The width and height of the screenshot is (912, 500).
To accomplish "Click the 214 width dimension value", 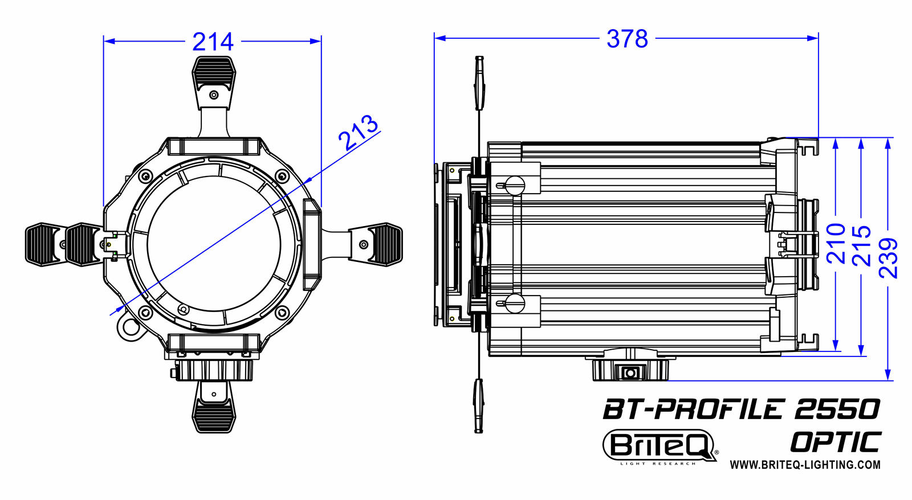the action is pyautogui.click(x=213, y=42).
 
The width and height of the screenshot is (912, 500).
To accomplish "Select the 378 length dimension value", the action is pyautogui.click(x=627, y=39).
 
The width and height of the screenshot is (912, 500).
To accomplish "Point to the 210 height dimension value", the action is pyautogui.click(x=836, y=243).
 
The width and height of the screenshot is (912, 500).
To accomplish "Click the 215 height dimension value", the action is pyautogui.click(x=862, y=245).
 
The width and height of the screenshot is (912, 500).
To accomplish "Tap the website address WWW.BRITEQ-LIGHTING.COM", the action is pyautogui.click(x=805, y=465).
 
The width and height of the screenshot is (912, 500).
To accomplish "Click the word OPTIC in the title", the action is pyautogui.click(x=836, y=442).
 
